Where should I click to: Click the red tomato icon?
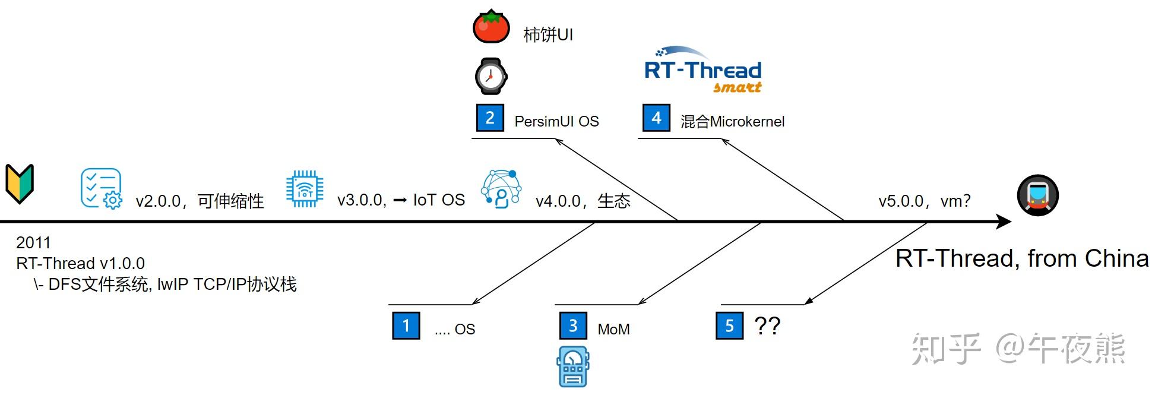click(491, 27)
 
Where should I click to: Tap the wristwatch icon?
click(491, 77)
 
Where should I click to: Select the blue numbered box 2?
click(490, 118)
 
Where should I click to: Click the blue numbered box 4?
click(656, 118)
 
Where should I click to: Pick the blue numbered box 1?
click(406, 326)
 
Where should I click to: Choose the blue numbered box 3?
click(573, 326)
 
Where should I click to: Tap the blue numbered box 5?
click(730, 326)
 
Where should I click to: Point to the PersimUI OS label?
click(556, 122)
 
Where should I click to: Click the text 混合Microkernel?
click(732, 122)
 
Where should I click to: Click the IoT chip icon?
click(305, 189)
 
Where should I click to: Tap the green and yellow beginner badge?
click(20, 184)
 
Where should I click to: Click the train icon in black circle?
click(1037, 195)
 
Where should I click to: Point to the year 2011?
click(33, 242)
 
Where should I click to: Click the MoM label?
click(613, 329)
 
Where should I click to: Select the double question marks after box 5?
click(767, 326)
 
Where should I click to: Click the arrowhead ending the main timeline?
click(1004, 222)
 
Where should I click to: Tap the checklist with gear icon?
click(101, 189)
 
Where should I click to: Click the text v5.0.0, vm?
click(924, 201)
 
